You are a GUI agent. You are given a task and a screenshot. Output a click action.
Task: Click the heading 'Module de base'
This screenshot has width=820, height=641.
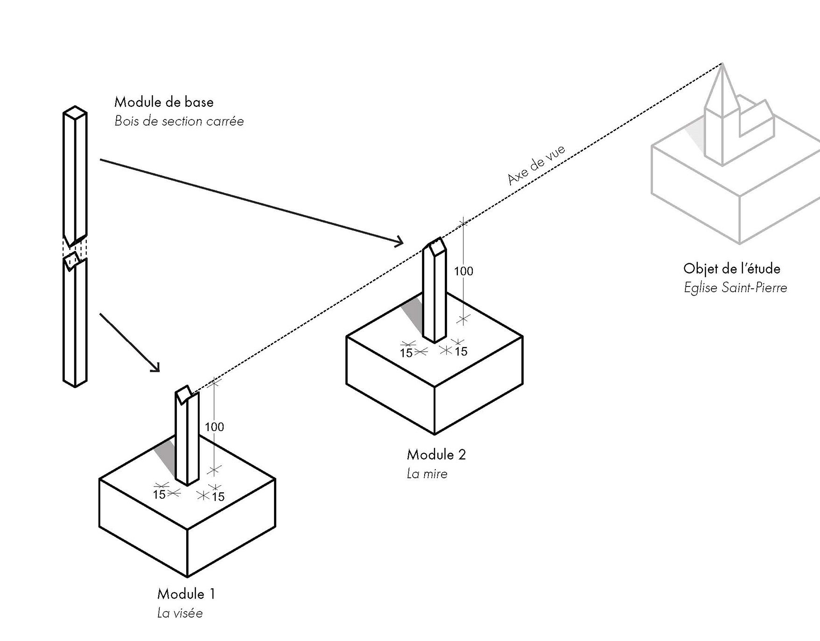coord(164,102)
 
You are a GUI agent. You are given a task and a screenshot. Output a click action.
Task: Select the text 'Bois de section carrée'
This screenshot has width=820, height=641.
coord(179,121)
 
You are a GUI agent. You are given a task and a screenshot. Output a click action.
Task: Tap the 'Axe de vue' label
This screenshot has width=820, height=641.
coord(536,165)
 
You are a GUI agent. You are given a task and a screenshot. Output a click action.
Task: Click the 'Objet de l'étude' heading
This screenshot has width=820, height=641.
coord(732,269)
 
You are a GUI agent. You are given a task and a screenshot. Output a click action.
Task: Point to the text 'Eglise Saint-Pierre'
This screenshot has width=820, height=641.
coord(736,287)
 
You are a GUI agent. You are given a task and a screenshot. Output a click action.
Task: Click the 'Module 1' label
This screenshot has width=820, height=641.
coord(186,594)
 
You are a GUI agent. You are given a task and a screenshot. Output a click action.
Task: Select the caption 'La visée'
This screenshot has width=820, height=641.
coord(180,613)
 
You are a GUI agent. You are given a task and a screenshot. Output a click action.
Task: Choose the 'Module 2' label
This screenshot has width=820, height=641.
coord(436,454)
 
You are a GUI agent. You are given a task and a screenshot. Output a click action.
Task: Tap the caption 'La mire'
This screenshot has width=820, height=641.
coord(427,474)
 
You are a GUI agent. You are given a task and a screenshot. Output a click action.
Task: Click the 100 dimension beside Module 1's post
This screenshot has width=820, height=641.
coord(214,427)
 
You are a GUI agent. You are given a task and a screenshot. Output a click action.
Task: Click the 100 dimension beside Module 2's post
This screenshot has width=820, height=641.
coord(463,271)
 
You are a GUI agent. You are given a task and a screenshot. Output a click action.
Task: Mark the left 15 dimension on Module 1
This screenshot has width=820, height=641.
coord(160,495)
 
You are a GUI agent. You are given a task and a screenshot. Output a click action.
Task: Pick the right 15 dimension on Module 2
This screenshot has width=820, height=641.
coord(461,351)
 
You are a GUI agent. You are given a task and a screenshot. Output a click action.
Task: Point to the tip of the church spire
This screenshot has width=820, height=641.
coord(722,63)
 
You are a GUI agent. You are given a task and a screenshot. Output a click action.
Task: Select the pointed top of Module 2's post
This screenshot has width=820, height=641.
coord(435,247)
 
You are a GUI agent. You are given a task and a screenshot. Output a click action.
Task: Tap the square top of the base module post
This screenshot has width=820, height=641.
coord(75,112)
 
